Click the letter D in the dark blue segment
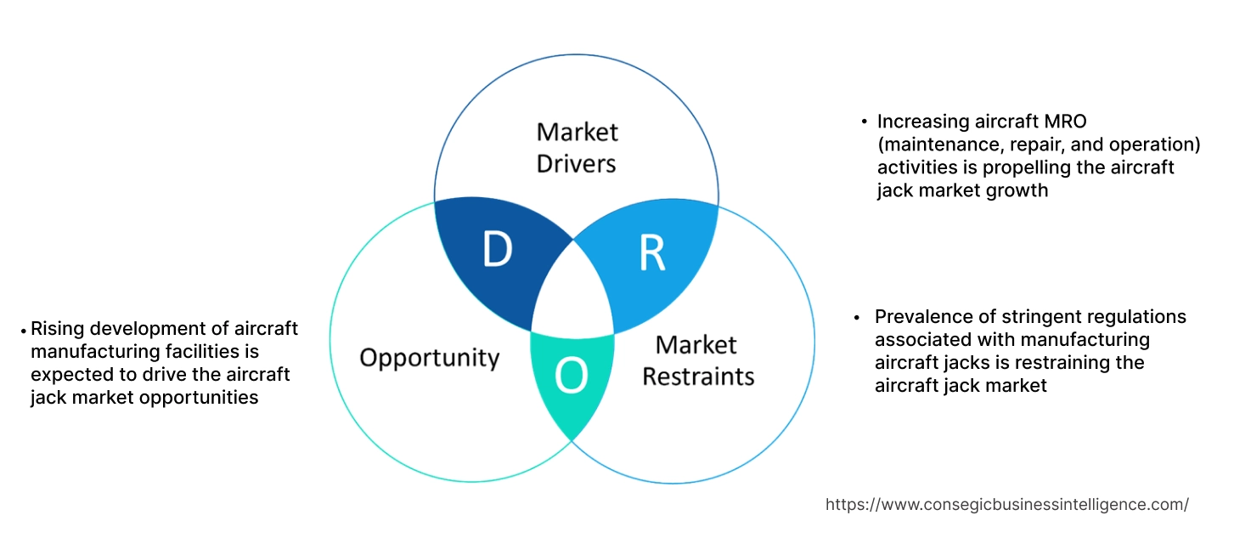pos(498,250)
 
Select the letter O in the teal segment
pos(572,377)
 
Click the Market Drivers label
pos(578,147)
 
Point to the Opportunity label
pos(429,357)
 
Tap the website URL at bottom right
pos(1006,504)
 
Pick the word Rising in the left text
pos(57,329)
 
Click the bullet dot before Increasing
pos(864,122)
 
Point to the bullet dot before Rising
pos(23,330)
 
